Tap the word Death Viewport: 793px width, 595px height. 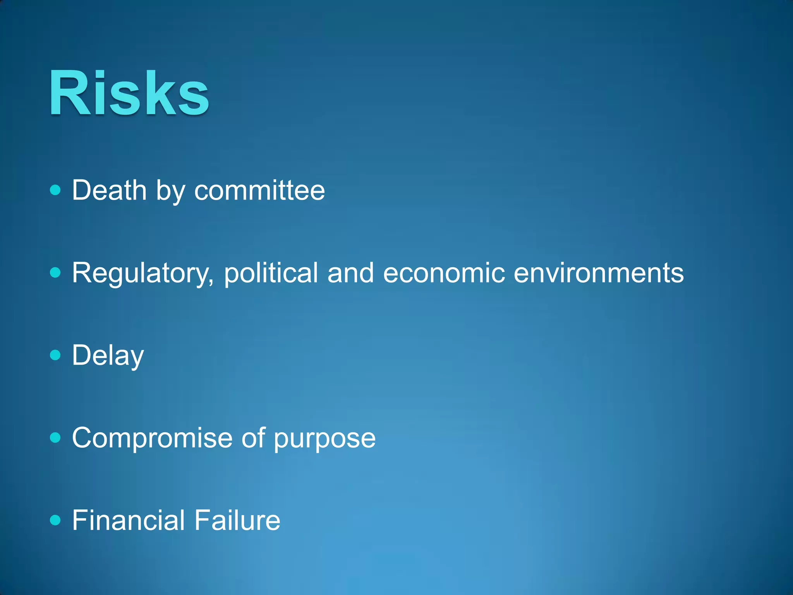pyautogui.click(x=109, y=190)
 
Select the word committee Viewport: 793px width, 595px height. pyautogui.click(x=259, y=190)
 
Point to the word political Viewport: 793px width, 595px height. pyautogui.click(x=271, y=273)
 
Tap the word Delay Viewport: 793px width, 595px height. pyautogui.click(x=108, y=356)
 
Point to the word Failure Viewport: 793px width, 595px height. pyautogui.click(x=237, y=520)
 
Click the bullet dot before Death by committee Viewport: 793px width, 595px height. pyautogui.click(x=56, y=190)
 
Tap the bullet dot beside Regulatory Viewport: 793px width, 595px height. pyautogui.click(x=56, y=273)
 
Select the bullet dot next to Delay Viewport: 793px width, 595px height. pyautogui.click(x=56, y=355)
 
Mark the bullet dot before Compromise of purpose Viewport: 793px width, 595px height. pyautogui.click(x=56, y=438)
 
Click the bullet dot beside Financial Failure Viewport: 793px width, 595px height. pyautogui.click(x=56, y=520)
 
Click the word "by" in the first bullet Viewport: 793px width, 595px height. pyautogui.click(x=170, y=191)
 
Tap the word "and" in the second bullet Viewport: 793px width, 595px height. pyautogui.click(x=350, y=273)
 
